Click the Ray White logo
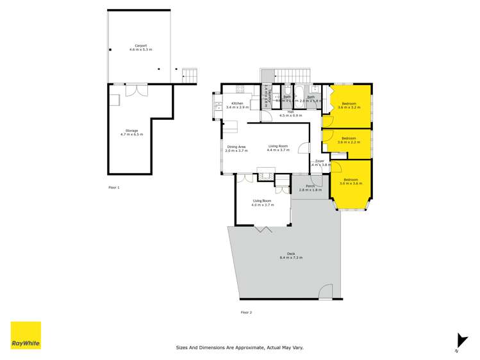[26, 335]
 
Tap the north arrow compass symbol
[459, 341]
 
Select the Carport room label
[140, 45]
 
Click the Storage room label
[131, 131]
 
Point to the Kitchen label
[237, 103]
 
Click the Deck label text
[290, 254]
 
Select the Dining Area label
[236, 147]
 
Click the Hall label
[290, 112]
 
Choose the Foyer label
[319, 161]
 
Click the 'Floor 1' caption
[114, 188]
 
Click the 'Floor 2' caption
[246, 312]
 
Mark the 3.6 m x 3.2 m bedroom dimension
[349, 108]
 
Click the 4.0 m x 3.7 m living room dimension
[263, 205]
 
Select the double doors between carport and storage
[136, 90]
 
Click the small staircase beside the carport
[188, 74]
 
